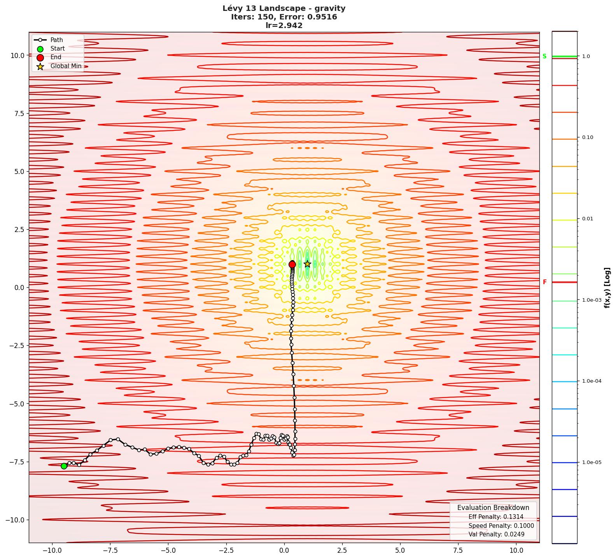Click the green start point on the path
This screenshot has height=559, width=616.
(64, 466)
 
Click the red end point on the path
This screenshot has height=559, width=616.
(292, 264)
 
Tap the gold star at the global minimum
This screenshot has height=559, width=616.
(307, 264)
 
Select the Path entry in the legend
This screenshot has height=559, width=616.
(56, 40)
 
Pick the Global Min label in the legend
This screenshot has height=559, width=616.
(66, 66)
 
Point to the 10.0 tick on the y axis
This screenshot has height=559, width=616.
(17, 55)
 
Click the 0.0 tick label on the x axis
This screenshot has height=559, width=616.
(284, 550)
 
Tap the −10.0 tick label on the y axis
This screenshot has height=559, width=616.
(15, 520)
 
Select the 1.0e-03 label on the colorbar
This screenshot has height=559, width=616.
(591, 300)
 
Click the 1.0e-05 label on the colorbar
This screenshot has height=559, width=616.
(591, 462)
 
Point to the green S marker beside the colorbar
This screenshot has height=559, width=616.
(544, 56)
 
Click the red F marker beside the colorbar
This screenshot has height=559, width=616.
(544, 282)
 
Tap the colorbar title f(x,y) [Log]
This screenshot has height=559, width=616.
(607, 288)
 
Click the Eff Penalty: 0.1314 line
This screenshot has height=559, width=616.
(496, 517)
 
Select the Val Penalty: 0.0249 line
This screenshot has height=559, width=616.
(496, 534)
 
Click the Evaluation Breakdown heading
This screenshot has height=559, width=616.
(493, 508)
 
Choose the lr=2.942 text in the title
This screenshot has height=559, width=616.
(284, 26)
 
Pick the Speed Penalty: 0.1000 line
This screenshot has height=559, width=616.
(501, 526)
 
